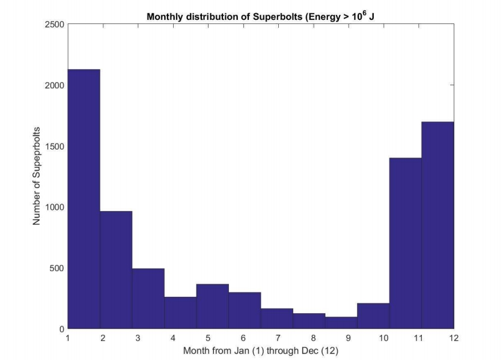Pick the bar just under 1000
coord(116,270)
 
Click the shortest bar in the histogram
coord(341,323)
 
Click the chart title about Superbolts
coord(261,17)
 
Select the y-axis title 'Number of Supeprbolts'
coord(37,176)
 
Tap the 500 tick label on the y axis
coord(58,268)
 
